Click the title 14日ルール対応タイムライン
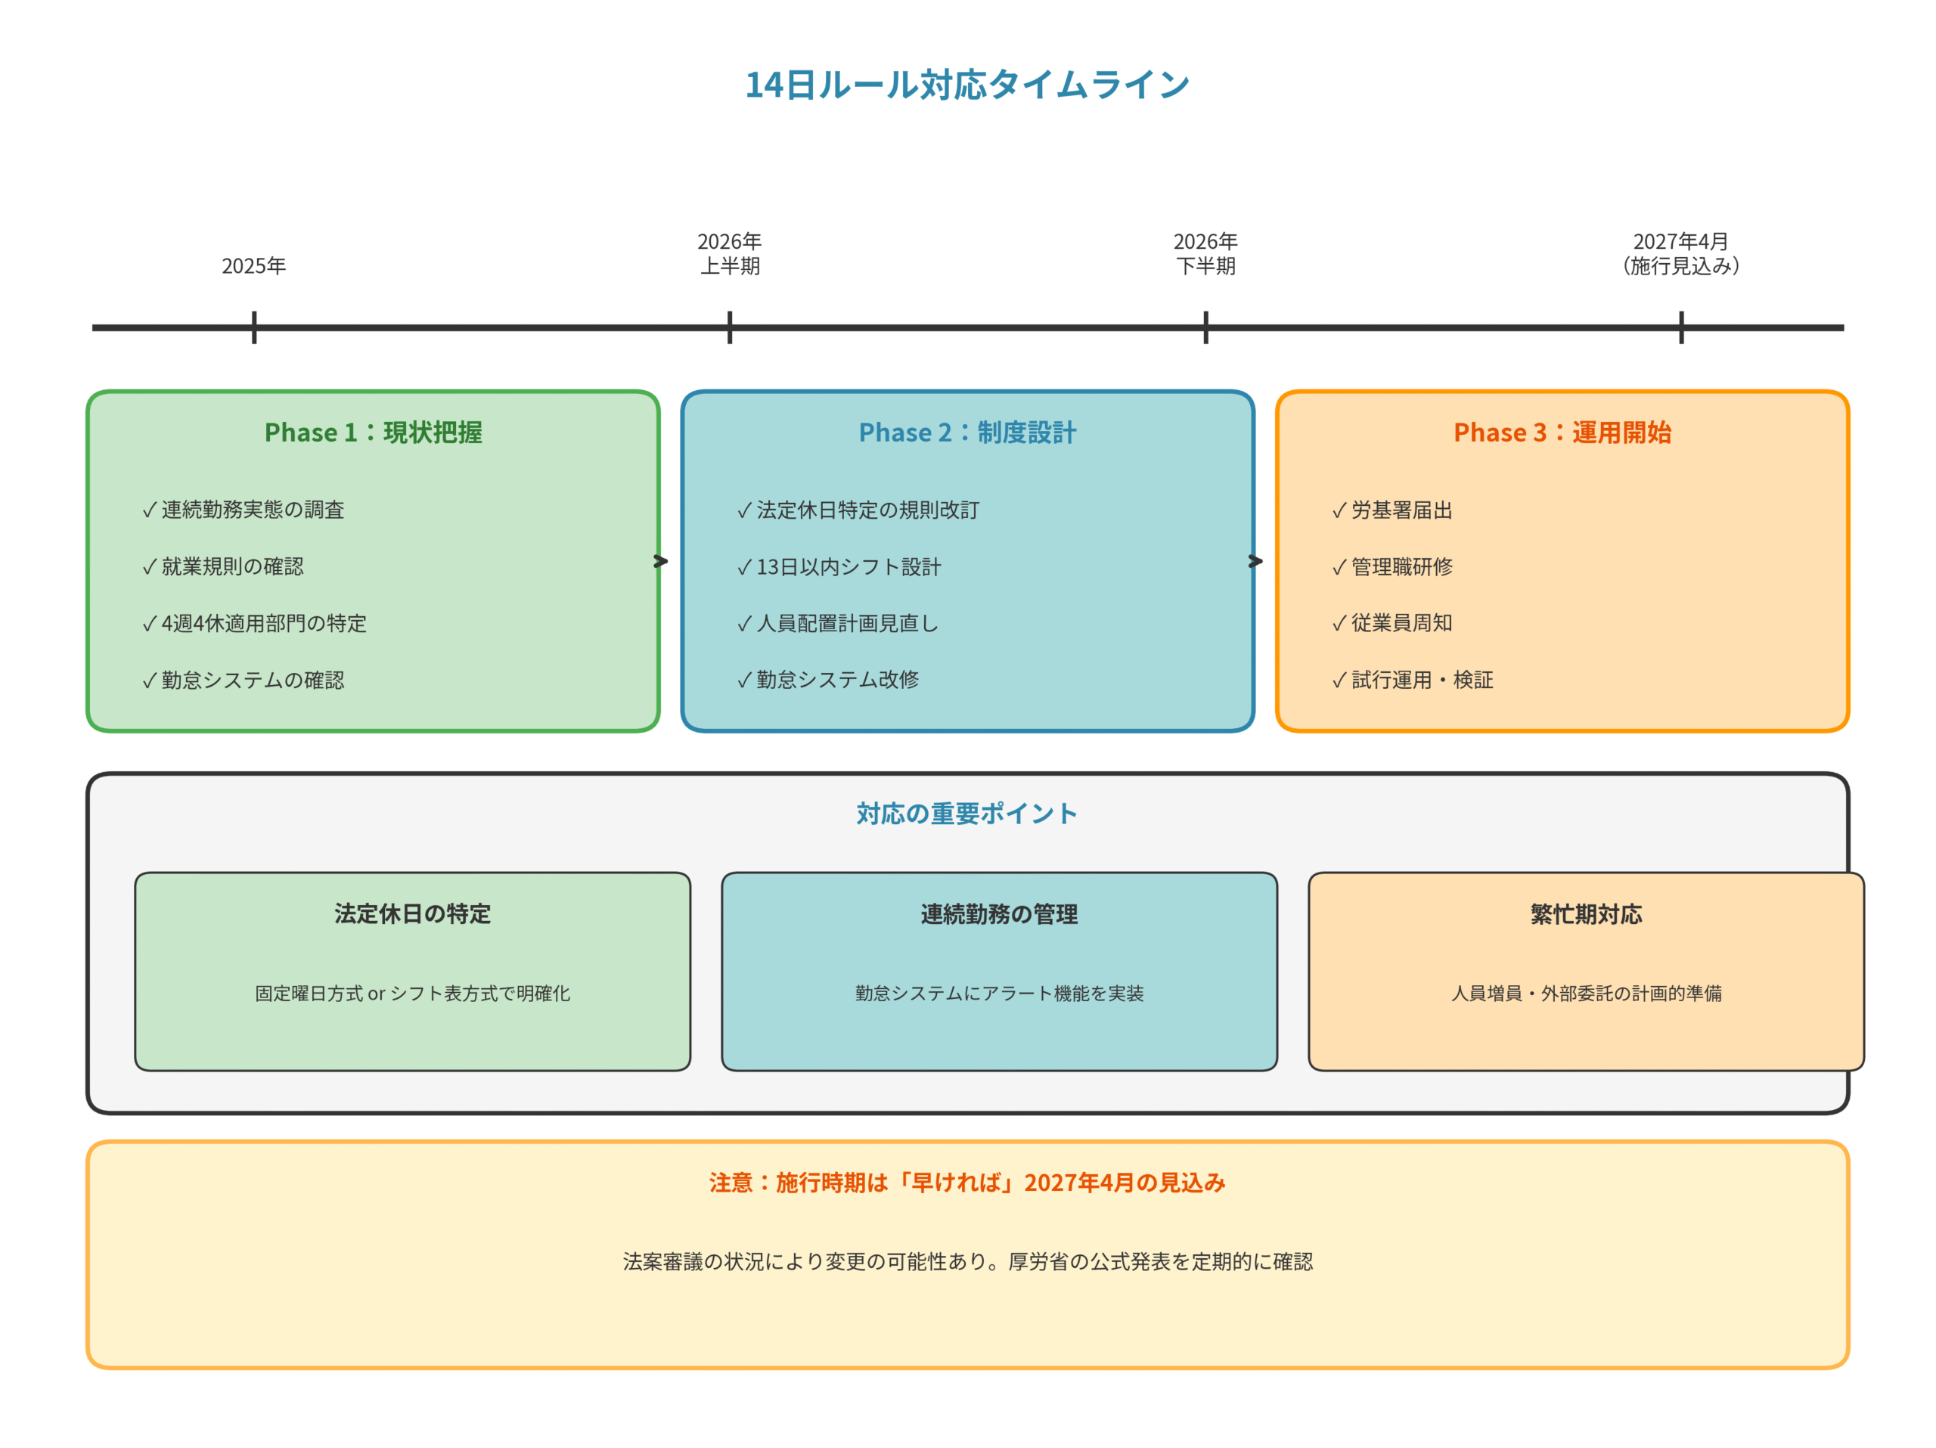967,85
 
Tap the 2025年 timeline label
254,266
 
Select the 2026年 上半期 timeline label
729,254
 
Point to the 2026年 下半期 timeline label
1205,254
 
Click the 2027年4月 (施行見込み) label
1680,254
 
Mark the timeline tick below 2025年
254,327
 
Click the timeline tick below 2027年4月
1681,327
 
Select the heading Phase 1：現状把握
373,433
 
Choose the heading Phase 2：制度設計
967,433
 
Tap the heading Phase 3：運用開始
1562,433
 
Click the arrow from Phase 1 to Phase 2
662,561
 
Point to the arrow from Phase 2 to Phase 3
1256,561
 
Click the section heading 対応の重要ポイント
967,814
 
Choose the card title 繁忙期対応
1586,914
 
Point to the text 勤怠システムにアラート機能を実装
1000,993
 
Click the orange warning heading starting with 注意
967,1183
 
